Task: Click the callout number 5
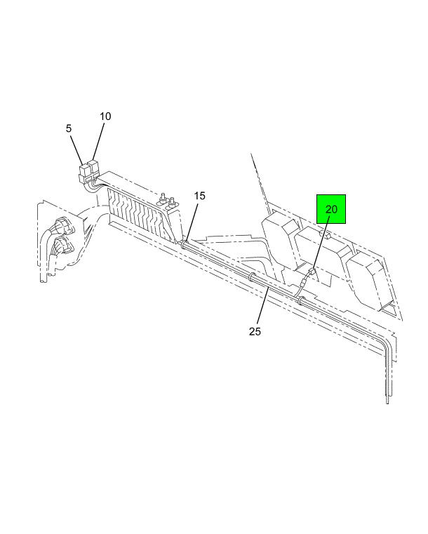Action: (69, 128)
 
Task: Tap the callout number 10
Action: (105, 116)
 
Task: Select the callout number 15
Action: (200, 196)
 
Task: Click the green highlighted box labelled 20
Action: (331, 209)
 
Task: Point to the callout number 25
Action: (255, 331)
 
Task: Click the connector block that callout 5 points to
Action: (83, 173)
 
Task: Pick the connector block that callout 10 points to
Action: (93, 169)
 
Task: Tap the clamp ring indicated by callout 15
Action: (185, 244)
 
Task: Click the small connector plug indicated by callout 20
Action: (311, 272)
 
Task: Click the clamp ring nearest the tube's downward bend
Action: (301, 301)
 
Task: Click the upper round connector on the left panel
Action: (63, 225)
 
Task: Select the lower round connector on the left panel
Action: (62, 245)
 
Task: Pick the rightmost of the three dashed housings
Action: (370, 280)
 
